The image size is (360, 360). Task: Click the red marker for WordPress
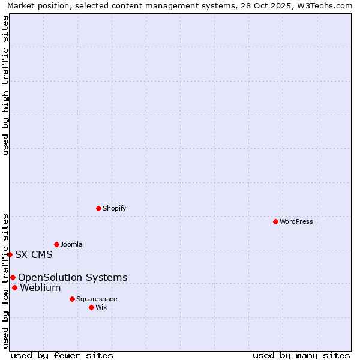[x=275, y=221]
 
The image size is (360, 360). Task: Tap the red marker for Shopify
[x=98, y=208]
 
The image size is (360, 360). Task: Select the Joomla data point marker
[x=56, y=244]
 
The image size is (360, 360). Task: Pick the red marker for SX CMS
[x=10, y=254]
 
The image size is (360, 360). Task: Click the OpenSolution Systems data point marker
[x=13, y=277]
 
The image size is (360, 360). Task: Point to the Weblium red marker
[x=14, y=287]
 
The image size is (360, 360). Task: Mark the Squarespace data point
[x=72, y=299]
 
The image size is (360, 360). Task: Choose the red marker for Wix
[x=91, y=307]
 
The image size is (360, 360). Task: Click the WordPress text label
[x=296, y=221]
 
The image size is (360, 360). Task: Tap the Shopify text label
[x=115, y=208]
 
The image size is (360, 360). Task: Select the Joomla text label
[x=71, y=244]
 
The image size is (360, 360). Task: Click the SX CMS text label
[x=34, y=254]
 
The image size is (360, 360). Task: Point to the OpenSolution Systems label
[x=73, y=277]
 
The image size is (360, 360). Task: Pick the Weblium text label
[x=40, y=287]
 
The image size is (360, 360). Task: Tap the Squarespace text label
[x=97, y=299]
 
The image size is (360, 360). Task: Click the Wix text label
[x=101, y=307]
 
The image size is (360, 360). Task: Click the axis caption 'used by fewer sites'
[x=62, y=355]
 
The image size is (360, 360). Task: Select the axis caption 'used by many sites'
[x=301, y=355]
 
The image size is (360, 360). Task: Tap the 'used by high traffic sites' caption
[x=5, y=85]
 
